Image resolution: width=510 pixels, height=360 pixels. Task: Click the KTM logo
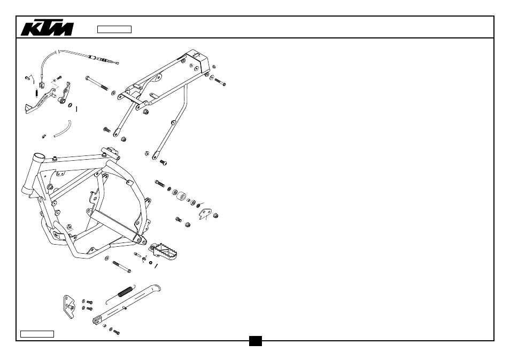47,29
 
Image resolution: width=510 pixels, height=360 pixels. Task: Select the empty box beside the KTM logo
114,29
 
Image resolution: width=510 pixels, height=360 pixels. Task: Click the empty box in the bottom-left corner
37,334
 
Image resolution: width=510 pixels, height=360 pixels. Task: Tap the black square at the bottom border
256,341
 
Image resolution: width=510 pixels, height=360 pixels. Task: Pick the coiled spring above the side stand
125,292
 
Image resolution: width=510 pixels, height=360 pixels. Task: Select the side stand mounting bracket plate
68,307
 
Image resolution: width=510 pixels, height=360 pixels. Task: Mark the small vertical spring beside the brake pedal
36,93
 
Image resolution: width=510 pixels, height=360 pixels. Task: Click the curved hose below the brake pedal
63,129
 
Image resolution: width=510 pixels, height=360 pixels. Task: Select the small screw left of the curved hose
44,136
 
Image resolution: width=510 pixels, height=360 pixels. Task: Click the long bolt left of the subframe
97,83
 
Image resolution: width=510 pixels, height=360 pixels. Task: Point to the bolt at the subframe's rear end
220,82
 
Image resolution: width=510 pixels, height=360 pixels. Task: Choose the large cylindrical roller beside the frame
181,197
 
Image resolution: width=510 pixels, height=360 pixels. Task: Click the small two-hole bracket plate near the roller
204,214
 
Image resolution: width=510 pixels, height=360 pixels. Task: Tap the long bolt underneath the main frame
122,267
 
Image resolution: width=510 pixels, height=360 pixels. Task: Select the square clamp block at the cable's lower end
42,85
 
